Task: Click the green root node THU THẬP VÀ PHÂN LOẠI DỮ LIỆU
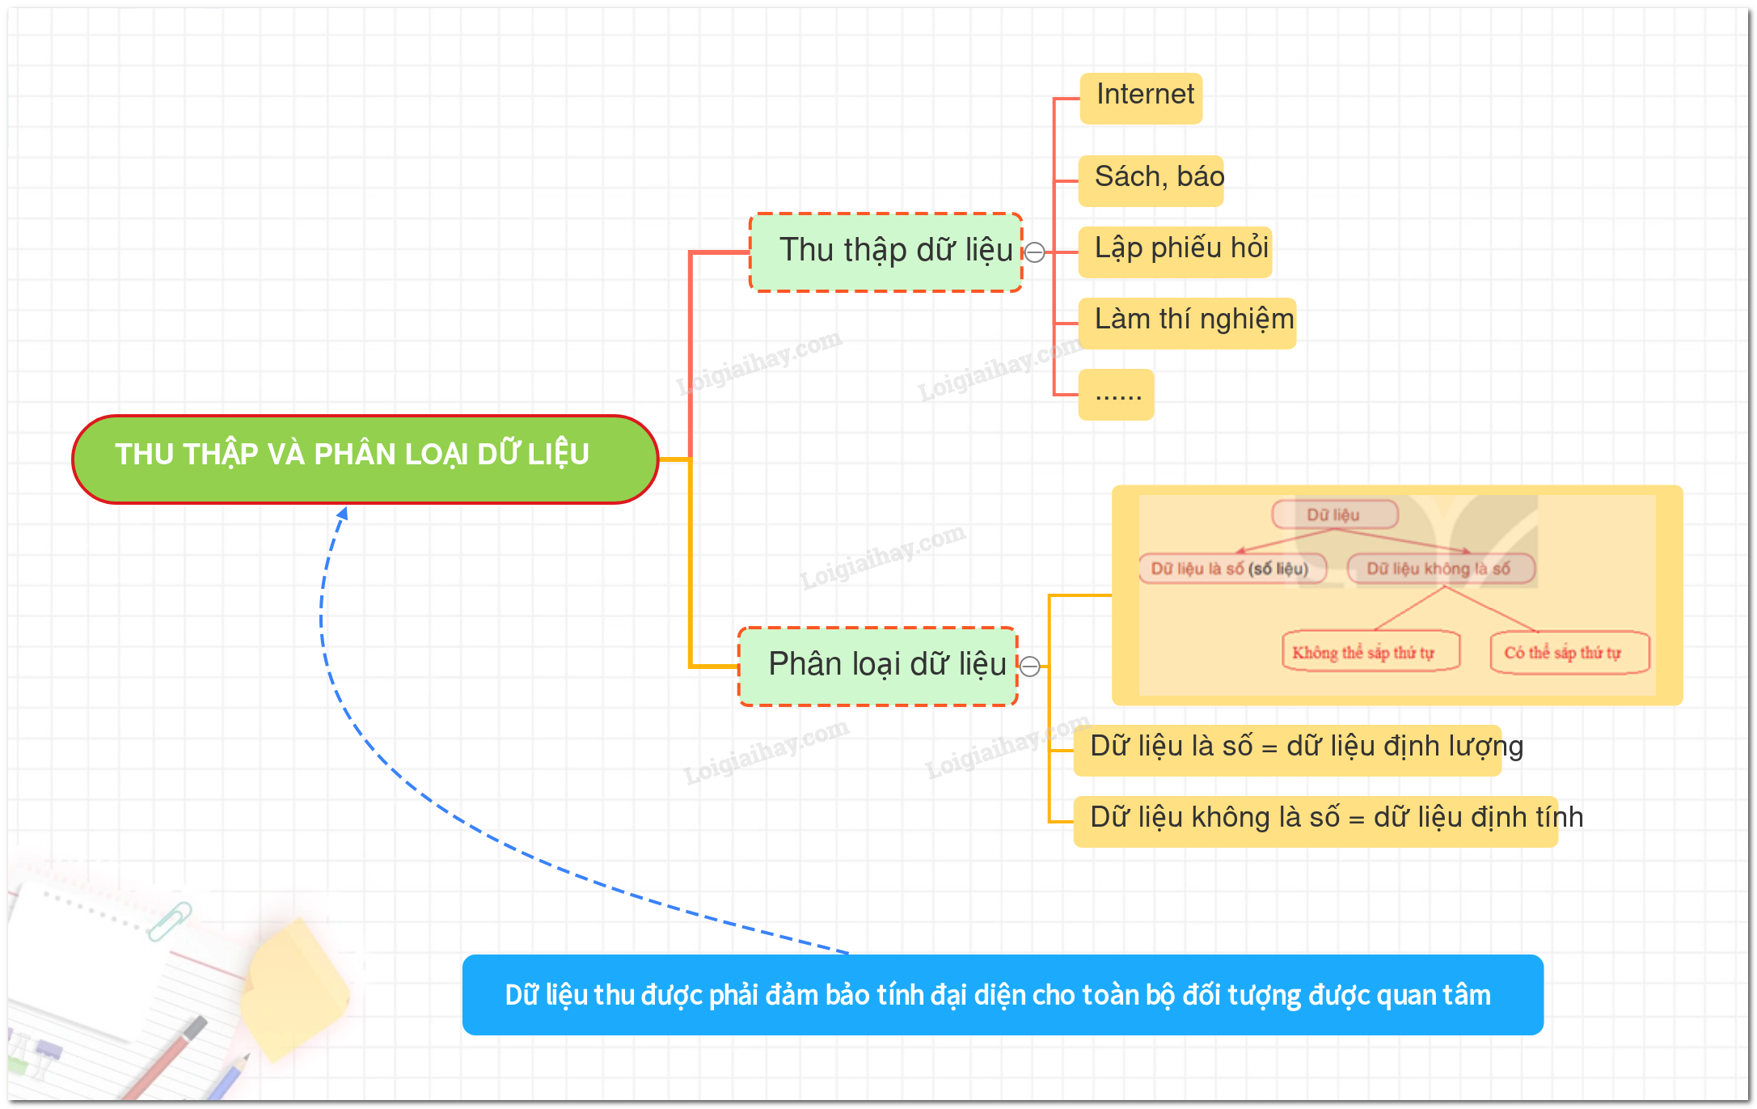point(365,459)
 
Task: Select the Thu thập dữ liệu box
point(886,252)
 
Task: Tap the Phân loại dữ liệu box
point(878,666)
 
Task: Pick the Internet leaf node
point(1141,98)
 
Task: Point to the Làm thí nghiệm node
point(1187,323)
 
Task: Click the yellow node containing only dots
point(1116,394)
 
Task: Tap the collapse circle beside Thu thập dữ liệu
point(1034,252)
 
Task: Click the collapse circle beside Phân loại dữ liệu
point(1029,667)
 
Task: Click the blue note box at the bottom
point(1003,994)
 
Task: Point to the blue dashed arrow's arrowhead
point(343,514)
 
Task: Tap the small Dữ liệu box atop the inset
point(1334,514)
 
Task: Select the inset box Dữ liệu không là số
point(1440,569)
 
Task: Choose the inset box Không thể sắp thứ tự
point(1371,652)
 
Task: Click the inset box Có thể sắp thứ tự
point(1569,652)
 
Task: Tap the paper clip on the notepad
point(170,921)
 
